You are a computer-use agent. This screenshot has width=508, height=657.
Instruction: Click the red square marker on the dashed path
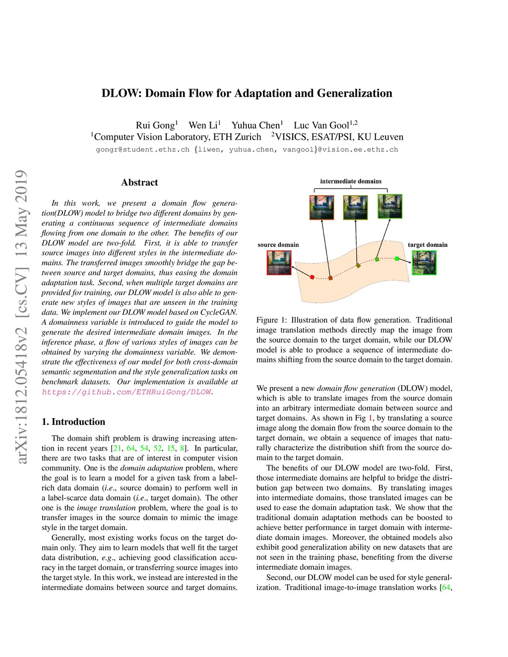(x=312, y=277)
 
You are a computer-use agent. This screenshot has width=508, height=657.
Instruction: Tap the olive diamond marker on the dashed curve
(x=358, y=266)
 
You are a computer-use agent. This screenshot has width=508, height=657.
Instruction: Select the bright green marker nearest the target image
(x=397, y=258)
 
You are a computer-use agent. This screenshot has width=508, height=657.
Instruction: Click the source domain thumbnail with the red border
(x=279, y=262)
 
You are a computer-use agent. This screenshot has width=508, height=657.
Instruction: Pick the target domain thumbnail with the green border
(x=424, y=262)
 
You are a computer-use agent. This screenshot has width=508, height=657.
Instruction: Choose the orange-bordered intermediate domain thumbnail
(x=322, y=207)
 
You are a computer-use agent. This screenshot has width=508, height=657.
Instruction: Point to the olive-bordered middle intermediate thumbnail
(x=355, y=207)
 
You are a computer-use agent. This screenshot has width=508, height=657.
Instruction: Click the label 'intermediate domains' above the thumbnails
(x=351, y=181)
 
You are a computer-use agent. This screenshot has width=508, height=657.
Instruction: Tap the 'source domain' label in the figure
(x=278, y=245)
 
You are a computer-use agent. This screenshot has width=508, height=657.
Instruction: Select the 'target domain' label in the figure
(x=428, y=245)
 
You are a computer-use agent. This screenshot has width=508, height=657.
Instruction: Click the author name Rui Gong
(x=155, y=125)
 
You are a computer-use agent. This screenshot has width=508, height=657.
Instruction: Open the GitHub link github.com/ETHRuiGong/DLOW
(x=127, y=392)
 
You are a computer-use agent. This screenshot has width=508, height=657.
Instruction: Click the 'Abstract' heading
(x=139, y=182)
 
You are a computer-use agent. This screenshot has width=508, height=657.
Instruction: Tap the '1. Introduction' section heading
(x=73, y=422)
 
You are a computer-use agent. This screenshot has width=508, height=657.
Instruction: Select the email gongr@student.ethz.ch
(x=142, y=150)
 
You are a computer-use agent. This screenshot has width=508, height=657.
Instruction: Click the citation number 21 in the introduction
(x=117, y=448)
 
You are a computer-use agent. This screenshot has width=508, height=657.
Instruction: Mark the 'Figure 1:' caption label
(x=271, y=320)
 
